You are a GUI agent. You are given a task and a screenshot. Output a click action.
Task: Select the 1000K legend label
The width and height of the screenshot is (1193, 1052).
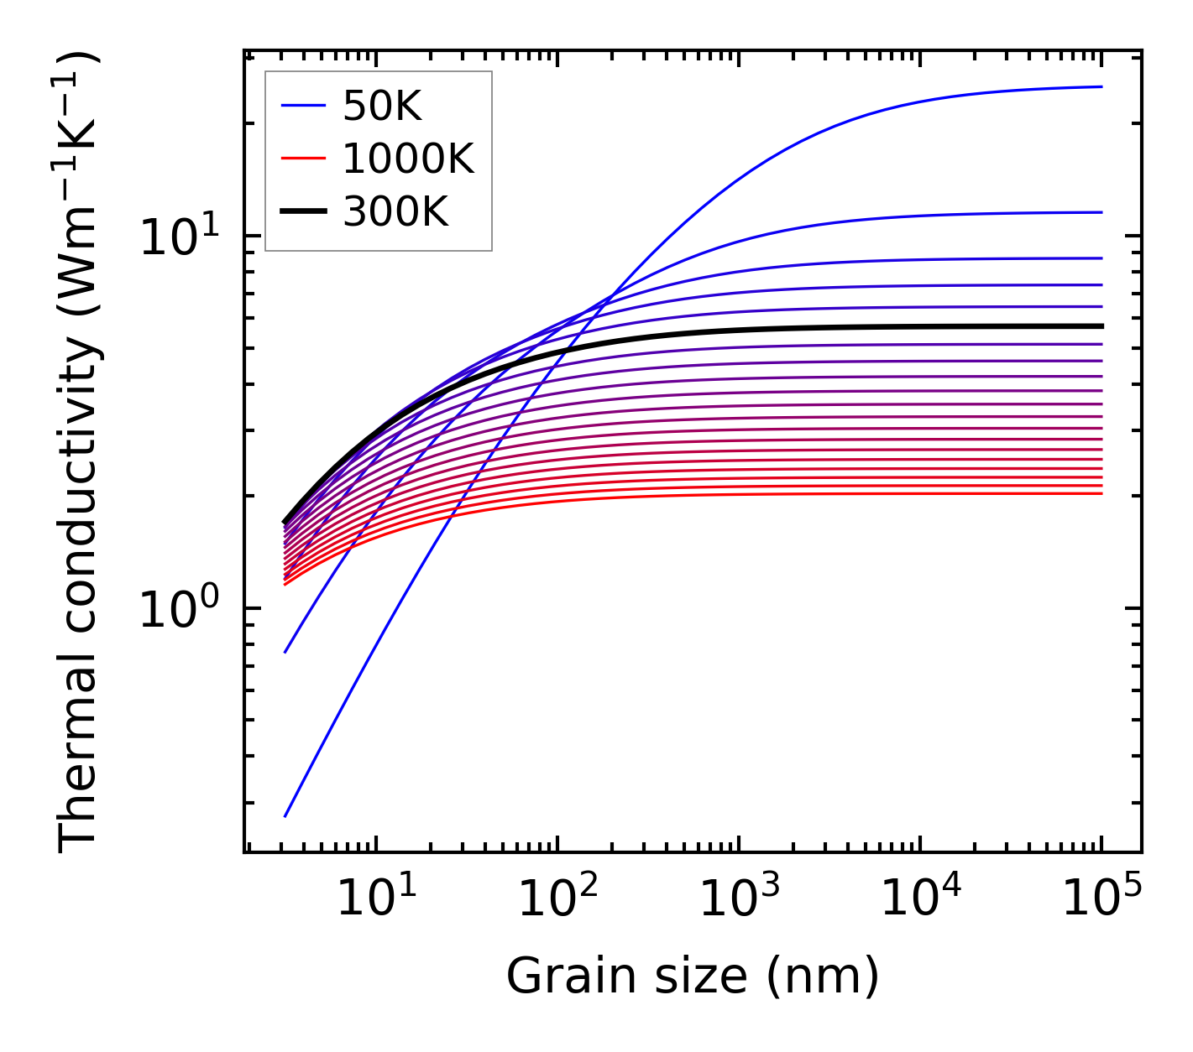[x=408, y=159]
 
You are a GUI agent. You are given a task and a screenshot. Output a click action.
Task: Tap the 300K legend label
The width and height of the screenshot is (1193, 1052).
[x=395, y=212]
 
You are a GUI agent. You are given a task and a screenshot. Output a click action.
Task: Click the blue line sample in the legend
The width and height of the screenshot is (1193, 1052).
[x=302, y=106]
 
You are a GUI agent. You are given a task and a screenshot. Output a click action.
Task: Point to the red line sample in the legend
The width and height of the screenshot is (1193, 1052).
[x=302, y=159]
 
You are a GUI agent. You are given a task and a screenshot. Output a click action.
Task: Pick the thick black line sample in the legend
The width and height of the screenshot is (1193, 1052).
[x=302, y=212]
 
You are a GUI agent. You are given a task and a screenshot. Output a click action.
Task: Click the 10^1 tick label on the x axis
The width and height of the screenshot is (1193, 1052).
[x=376, y=899]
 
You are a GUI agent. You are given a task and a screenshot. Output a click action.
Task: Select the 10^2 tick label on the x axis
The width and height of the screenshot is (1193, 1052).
[x=557, y=899]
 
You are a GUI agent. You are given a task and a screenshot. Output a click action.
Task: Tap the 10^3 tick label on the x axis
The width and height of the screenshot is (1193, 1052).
[x=739, y=899]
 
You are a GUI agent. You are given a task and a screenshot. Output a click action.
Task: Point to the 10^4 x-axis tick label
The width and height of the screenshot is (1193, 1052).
[x=920, y=899]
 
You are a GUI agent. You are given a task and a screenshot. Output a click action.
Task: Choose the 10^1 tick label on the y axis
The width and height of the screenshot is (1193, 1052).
[x=178, y=238]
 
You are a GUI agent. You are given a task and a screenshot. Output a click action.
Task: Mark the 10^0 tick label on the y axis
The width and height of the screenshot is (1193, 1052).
[x=178, y=611]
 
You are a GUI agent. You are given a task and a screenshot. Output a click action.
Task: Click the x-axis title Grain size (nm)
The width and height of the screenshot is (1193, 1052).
[x=693, y=976]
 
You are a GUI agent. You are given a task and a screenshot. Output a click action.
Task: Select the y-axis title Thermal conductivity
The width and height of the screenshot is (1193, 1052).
[x=79, y=453]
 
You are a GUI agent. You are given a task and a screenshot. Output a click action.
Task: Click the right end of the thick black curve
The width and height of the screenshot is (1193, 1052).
[x=1101, y=326]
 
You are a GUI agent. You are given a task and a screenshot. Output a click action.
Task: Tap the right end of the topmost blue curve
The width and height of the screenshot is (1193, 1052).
[x=1101, y=86]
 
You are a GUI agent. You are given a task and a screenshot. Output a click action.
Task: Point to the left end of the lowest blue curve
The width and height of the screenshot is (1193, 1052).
[x=285, y=815]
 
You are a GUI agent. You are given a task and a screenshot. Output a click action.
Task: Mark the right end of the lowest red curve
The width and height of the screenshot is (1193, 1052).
[x=1101, y=493]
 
